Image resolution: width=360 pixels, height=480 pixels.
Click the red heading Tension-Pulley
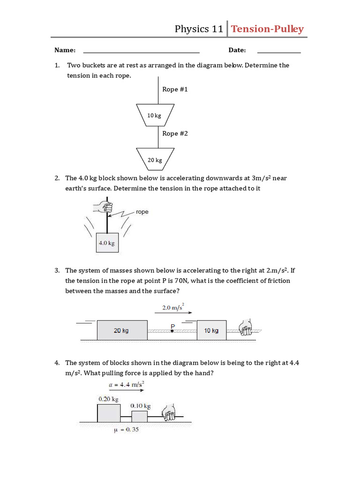click(x=267, y=29)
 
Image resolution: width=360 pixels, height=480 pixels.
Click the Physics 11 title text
click(x=199, y=29)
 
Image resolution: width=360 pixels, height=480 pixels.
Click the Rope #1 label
click(x=175, y=89)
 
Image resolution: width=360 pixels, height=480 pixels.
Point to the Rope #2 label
click(x=175, y=134)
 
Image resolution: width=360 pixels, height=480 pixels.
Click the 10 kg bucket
click(x=155, y=115)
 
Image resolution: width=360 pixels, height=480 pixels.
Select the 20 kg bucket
click(x=155, y=160)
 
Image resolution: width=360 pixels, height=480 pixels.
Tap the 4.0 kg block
click(x=107, y=243)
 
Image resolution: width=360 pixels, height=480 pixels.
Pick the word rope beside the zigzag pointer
click(x=142, y=212)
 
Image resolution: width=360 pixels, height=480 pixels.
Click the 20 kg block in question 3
click(x=122, y=330)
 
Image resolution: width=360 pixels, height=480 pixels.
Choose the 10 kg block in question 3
click(x=211, y=330)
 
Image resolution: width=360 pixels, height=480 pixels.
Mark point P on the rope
click(x=172, y=331)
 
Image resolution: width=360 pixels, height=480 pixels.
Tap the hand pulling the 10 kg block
click(x=245, y=328)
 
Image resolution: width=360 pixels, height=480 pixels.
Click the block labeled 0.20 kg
click(x=108, y=412)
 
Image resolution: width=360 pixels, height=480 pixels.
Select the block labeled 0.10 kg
click(x=140, y=416)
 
